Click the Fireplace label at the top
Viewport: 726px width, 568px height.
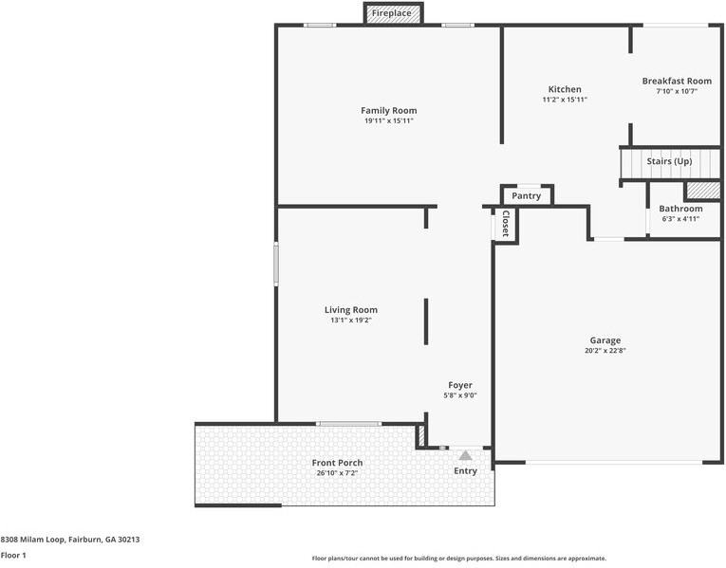tap(391, 13)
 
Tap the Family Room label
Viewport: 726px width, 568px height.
tap(388, 111)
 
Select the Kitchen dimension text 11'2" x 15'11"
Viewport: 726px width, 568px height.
tap(565, 100)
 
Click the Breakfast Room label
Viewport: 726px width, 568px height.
tap(676, 82)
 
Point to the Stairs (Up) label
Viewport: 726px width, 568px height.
tap(669, 161)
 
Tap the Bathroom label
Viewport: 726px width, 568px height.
tap(680, 209)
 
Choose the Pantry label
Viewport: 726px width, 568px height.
tap(526, 196)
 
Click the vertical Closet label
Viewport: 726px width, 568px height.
tap(505, 225)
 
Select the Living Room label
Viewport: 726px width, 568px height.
tap(350, 310)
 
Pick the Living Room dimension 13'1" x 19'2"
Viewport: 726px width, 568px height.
tap(350, 321)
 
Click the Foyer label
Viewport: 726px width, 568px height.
tap(460, 385)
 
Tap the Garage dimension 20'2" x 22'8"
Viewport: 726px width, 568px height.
tap(605, 351)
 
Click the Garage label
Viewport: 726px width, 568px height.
tap(605, 340)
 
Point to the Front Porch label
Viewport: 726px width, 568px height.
tap(337, 463)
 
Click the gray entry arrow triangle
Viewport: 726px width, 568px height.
tap(465, 456)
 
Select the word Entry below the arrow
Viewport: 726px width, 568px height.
tap(465, 471)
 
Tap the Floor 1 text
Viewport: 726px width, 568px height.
tap(13, 556)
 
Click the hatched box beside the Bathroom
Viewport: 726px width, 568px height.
tap(703, 190)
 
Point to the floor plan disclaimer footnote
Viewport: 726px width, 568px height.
tap(458, 559)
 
